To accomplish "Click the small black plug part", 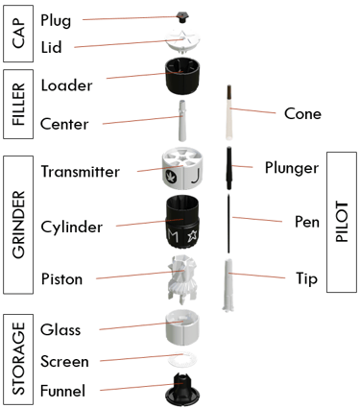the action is [x=182, y=17].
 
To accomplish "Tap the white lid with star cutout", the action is [x=183, y=40].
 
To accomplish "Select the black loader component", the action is [x=182, y=76].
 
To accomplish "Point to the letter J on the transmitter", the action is [x=194, y=177].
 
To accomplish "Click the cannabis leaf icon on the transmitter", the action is [x=170, y=177].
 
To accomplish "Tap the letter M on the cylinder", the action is [x=173, y=236].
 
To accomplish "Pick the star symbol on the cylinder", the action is [x=193, y=236].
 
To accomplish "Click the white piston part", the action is [x=182, y=279].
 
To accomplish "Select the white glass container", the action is [x=182, y=327].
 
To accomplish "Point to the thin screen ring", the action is [x=182, y=360].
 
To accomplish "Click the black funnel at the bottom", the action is [x=182, y=389].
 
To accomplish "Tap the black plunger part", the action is [x=229, y=168].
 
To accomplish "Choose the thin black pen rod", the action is [x=228, y=223].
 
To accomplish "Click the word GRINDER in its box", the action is [x=18, y=225].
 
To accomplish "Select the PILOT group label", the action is [x=342, y=222].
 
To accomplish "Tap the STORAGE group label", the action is [x=18, y=359].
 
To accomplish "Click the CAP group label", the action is [x=18, y=33].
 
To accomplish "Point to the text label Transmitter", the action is [x=81, y=172].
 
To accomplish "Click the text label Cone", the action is [x=302, y=114].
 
